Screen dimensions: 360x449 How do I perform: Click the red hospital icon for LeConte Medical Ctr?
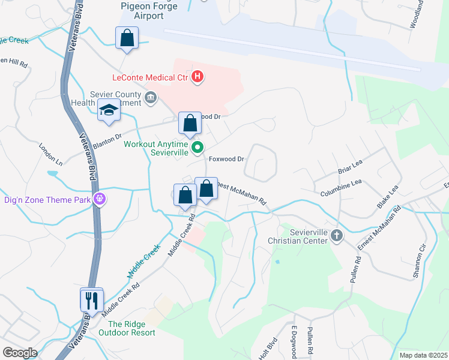198,77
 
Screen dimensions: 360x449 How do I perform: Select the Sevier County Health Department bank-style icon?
150,97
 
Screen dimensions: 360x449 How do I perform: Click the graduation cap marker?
109,110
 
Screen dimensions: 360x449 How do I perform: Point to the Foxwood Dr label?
226,159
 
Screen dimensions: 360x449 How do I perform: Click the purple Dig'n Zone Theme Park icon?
99,199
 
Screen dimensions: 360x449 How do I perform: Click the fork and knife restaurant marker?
92,299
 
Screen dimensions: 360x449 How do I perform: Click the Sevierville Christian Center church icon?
336,236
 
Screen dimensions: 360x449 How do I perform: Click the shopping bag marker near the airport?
127,38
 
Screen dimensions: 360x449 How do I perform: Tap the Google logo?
20,352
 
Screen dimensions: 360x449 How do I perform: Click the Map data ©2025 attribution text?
423,355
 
